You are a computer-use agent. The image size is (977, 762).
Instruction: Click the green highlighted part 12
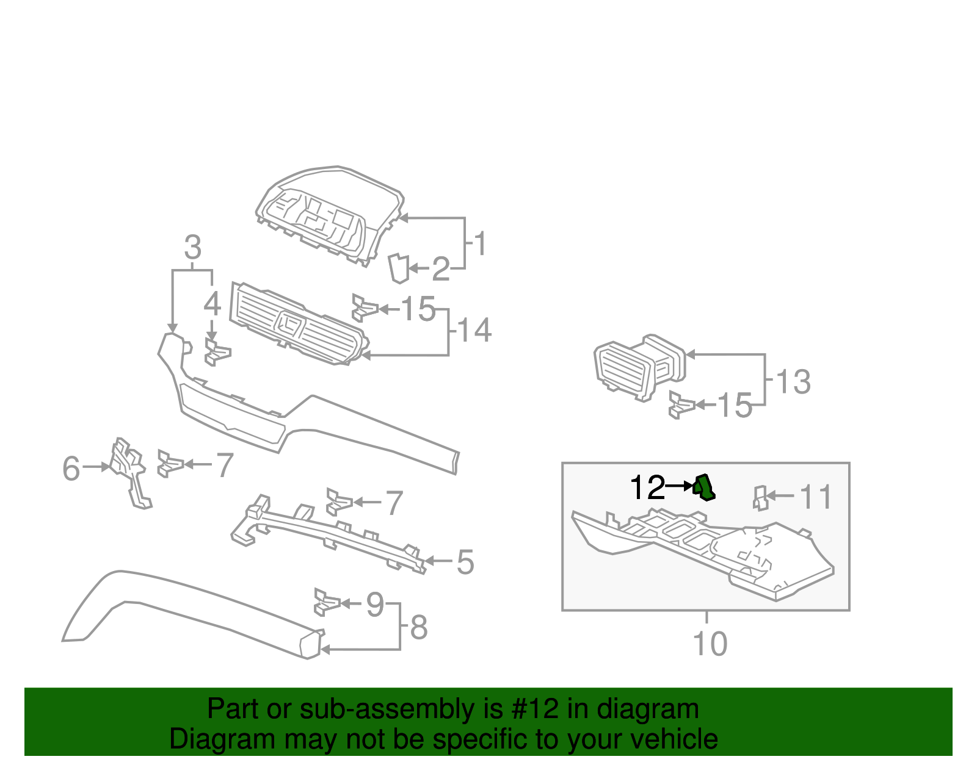click(704, 487)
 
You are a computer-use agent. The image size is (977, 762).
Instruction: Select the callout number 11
click(816, 497)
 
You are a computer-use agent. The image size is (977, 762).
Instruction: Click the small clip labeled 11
click(760, 498)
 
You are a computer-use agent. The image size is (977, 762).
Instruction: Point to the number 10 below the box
click(710, 644)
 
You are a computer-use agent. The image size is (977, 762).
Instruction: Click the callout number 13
click(793, 383)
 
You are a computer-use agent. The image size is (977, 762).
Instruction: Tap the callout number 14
click(474, 330)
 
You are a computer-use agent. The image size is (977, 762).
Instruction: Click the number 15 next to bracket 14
click(418, 309)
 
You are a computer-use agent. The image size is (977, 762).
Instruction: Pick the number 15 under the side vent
click(734, 406)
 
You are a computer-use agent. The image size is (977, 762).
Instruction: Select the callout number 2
click(441, 269)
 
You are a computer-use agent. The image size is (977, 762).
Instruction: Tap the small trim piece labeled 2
click(399, 268)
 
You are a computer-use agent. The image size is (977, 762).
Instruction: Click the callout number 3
click(193, 248)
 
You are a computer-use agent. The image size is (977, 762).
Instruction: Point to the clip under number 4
click(217, 353)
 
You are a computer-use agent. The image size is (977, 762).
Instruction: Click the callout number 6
click(71, 469)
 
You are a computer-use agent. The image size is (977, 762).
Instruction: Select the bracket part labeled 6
click(130, 470)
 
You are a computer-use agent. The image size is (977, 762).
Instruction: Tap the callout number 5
click(465, 562)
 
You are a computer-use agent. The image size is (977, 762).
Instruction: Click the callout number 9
click(375, 604)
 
